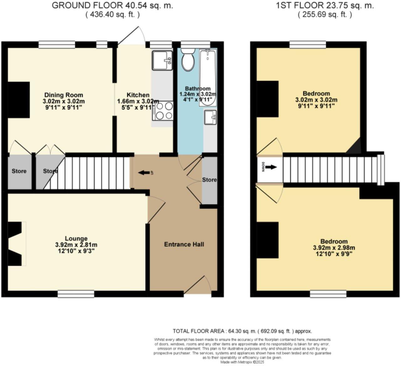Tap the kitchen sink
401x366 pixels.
click(x=162, y=60)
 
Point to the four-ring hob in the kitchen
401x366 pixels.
click(x=163, y=111)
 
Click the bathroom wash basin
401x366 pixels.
click(x=210, y=117)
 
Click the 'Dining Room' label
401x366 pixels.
click(x=64, y=95)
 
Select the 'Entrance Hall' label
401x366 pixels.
click(x=184, y=244)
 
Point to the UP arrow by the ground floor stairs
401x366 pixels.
click(x=144, y=173)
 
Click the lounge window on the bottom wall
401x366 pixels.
click(x=76, y=294)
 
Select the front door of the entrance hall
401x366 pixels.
click(x=197, y=285)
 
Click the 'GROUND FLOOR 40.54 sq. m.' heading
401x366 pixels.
click(x=112, y=5)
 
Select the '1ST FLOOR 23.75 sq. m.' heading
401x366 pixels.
click(x=325, y=5)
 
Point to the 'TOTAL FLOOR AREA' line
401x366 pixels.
click(x=242, y=331)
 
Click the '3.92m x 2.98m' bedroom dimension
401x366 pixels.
click(x=334, y=248)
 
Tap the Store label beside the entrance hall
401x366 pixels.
click(x=209, y=180)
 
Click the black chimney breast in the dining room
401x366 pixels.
click(x=18, y=100)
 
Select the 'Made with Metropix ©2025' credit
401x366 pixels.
click(x=242, y=362)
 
